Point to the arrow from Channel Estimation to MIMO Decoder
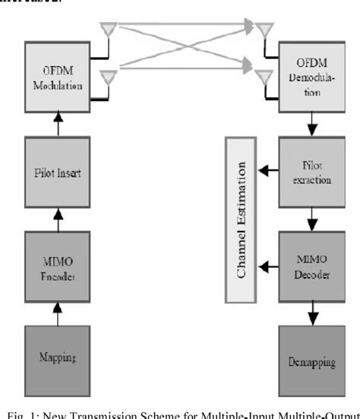(x=268, y=266)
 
